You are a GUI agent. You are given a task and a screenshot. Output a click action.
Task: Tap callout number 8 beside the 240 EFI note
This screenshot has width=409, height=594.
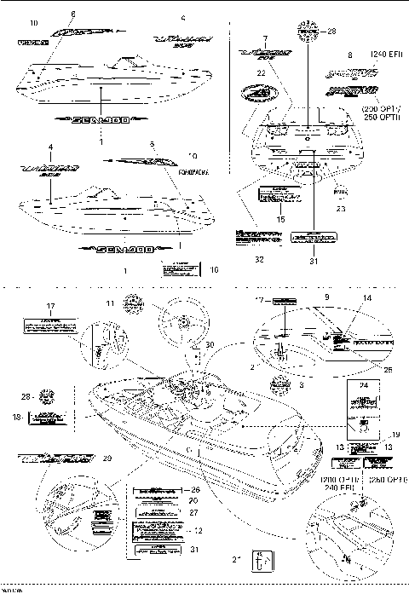[349, 55]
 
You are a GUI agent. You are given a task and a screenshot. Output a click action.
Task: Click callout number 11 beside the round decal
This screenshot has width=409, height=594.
[110, 303]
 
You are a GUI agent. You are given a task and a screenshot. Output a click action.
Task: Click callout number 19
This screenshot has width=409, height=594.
[394, 435]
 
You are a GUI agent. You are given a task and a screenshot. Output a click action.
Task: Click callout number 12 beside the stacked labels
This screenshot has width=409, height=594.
[199, 530]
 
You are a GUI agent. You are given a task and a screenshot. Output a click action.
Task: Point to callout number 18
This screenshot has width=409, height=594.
[19, 418]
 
